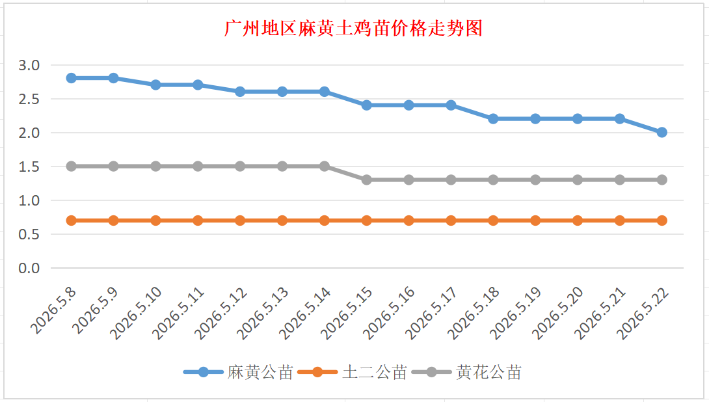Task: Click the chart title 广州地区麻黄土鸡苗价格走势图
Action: point(354,29)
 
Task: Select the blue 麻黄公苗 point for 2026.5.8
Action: point(71,78)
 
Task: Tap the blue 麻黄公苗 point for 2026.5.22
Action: point(662,132)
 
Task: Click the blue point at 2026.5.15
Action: point(367,105)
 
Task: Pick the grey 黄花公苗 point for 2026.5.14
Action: point(324,167)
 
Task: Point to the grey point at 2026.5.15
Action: point(367,180)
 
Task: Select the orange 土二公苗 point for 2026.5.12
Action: point(240,221)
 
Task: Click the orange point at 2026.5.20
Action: point(578,221)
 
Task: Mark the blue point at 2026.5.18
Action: point(493,119)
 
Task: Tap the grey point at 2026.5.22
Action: point(662,180)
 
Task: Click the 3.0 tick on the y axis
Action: point(29,65)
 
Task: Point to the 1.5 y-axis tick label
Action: point(29,167)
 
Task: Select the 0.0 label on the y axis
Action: point(29,268)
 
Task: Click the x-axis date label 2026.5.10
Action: point(136,313)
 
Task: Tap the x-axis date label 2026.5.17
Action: point(431,313)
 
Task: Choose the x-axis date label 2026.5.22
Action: point(643,313)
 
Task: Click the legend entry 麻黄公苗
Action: point(238,372)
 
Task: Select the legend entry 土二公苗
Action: point(353,372)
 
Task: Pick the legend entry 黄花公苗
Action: point(466,372)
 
